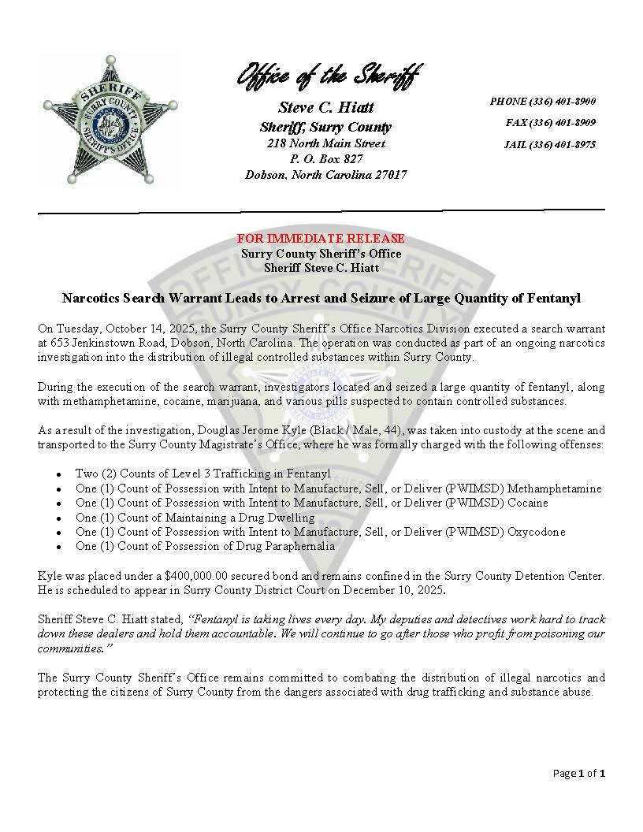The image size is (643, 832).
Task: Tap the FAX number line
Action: [x=550, y=123]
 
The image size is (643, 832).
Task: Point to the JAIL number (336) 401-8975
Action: [x=549, y=145]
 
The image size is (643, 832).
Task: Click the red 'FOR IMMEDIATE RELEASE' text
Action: [x=321, y=239]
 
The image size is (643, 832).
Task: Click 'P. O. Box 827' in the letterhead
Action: [x=326, y=159]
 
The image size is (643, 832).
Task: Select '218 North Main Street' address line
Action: [x=326, y=144]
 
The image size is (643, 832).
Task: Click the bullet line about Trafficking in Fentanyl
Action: [x=203, y=474]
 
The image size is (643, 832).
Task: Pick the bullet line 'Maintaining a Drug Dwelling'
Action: [x=195, y=518]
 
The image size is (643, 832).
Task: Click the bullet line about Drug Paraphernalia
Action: [x=205, y=546]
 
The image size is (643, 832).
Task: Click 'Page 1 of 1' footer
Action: [x=578, y=774]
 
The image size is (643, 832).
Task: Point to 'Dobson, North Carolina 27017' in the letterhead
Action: [x=326, y=175]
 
